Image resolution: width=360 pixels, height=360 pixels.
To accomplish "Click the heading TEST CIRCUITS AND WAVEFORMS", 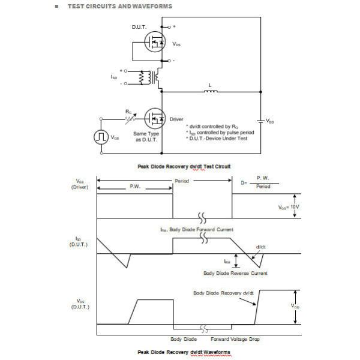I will pyautogui.click(x=119, y=6).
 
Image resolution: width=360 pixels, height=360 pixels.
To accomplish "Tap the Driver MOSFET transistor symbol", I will pyautogui.click(x=155, y=119).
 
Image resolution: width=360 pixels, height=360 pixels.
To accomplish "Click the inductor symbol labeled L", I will pyautogui.click(x=209, y=92).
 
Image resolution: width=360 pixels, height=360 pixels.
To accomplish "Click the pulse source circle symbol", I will pyautogui.click(x=100, y=137).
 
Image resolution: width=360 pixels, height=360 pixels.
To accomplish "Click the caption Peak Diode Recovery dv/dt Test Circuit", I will pyautogui.click(x=184, y=166).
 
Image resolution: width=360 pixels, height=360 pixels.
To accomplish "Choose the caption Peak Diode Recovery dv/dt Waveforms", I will pyautogui.click(x=184, y=352).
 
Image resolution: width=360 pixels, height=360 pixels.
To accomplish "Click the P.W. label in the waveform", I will pyautogui.click(x=135, y=187).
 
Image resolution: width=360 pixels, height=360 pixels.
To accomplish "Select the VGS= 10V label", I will pyautogui.click(x=289, y=207).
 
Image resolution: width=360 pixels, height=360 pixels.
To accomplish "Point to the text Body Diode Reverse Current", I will pyautogui.click(x=235, y=273).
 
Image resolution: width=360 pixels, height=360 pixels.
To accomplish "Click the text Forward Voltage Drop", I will pyautogui.click(x=235, y=340).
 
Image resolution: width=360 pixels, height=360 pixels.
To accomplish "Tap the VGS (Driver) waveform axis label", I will pyautogui.click(x=80, y=184).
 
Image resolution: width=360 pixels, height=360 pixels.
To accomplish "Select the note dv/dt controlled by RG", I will pyautogui.click(x=208, y=127).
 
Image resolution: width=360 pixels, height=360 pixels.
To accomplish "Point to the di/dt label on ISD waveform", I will pyautogui.click(x=260, y=247).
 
